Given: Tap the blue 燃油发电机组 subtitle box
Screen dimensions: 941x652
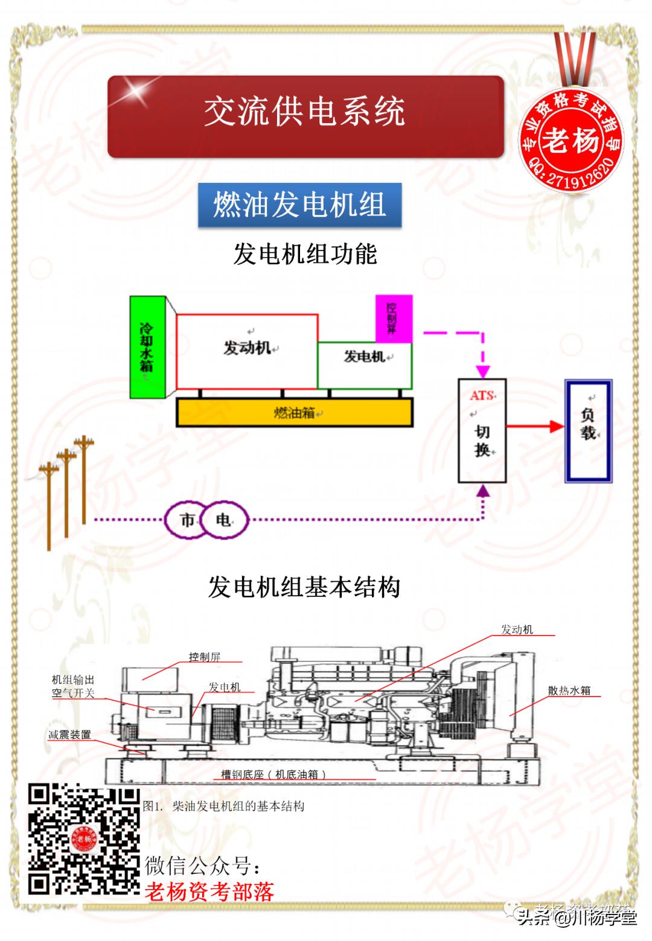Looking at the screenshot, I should pyautogui.click(x=299, y=205).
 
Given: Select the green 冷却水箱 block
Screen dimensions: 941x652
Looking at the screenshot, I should pyautogui.click(x=147, y=347).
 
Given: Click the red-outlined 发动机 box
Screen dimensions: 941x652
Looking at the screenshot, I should pyautogui.click(x=246, y=351).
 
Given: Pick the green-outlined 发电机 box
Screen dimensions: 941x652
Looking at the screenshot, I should pyautogui.click(x=365, y=365).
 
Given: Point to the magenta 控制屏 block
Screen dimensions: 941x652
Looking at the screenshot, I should pyautogui.click(x=394, y=318).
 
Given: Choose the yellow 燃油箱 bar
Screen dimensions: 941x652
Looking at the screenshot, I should pyautogui.click(x=295, y=413).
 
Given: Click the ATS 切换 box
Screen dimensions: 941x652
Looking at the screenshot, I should pyautogui.click(x=482, y=430).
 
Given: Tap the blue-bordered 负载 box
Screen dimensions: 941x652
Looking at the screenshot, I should pyautogui.click(x=588, y=431).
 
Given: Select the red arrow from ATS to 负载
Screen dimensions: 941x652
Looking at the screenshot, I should pyautogui.click(x=535, y=426).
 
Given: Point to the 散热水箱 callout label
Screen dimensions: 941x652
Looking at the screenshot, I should pyautogui.click(x=569, y=691).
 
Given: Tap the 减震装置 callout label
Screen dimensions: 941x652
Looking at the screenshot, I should pyautogui.click(x=70, y=735).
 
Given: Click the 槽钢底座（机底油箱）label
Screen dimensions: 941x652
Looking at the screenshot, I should pyautogui.click(x=273, y=774).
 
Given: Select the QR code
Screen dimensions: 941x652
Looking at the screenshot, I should pyautogui.click(x=85, y=840).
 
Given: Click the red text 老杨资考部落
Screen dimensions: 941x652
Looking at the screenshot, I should pyautogui.click(x=209, y=892).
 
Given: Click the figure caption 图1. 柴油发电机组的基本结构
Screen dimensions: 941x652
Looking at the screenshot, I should pyautogui.click(x=224, y=806).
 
